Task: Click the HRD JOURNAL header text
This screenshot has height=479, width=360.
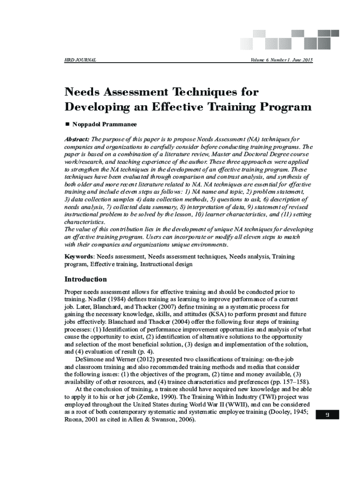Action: [x=80, y=60]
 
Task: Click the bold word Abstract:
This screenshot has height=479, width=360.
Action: [x=77, y=139]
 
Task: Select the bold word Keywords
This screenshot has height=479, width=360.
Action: [x=79, y=257]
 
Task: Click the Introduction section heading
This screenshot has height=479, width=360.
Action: [x=86, y=279]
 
